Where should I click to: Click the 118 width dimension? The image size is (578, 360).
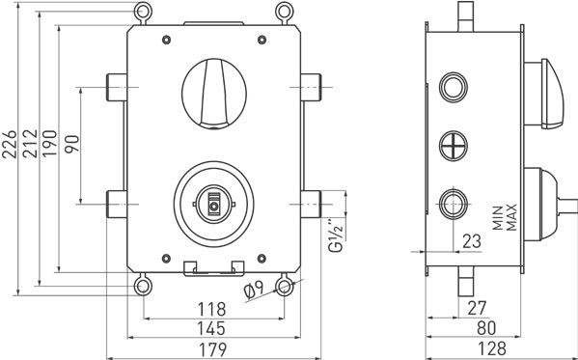click(x=211, y=309)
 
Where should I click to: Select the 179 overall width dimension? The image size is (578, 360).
click(x=211, y=348)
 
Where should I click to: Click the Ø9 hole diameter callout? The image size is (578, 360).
click(x=255, y=290)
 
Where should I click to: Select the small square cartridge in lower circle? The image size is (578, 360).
click(x=213, y=204)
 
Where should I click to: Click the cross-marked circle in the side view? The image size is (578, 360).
click(x=453, y=146)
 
